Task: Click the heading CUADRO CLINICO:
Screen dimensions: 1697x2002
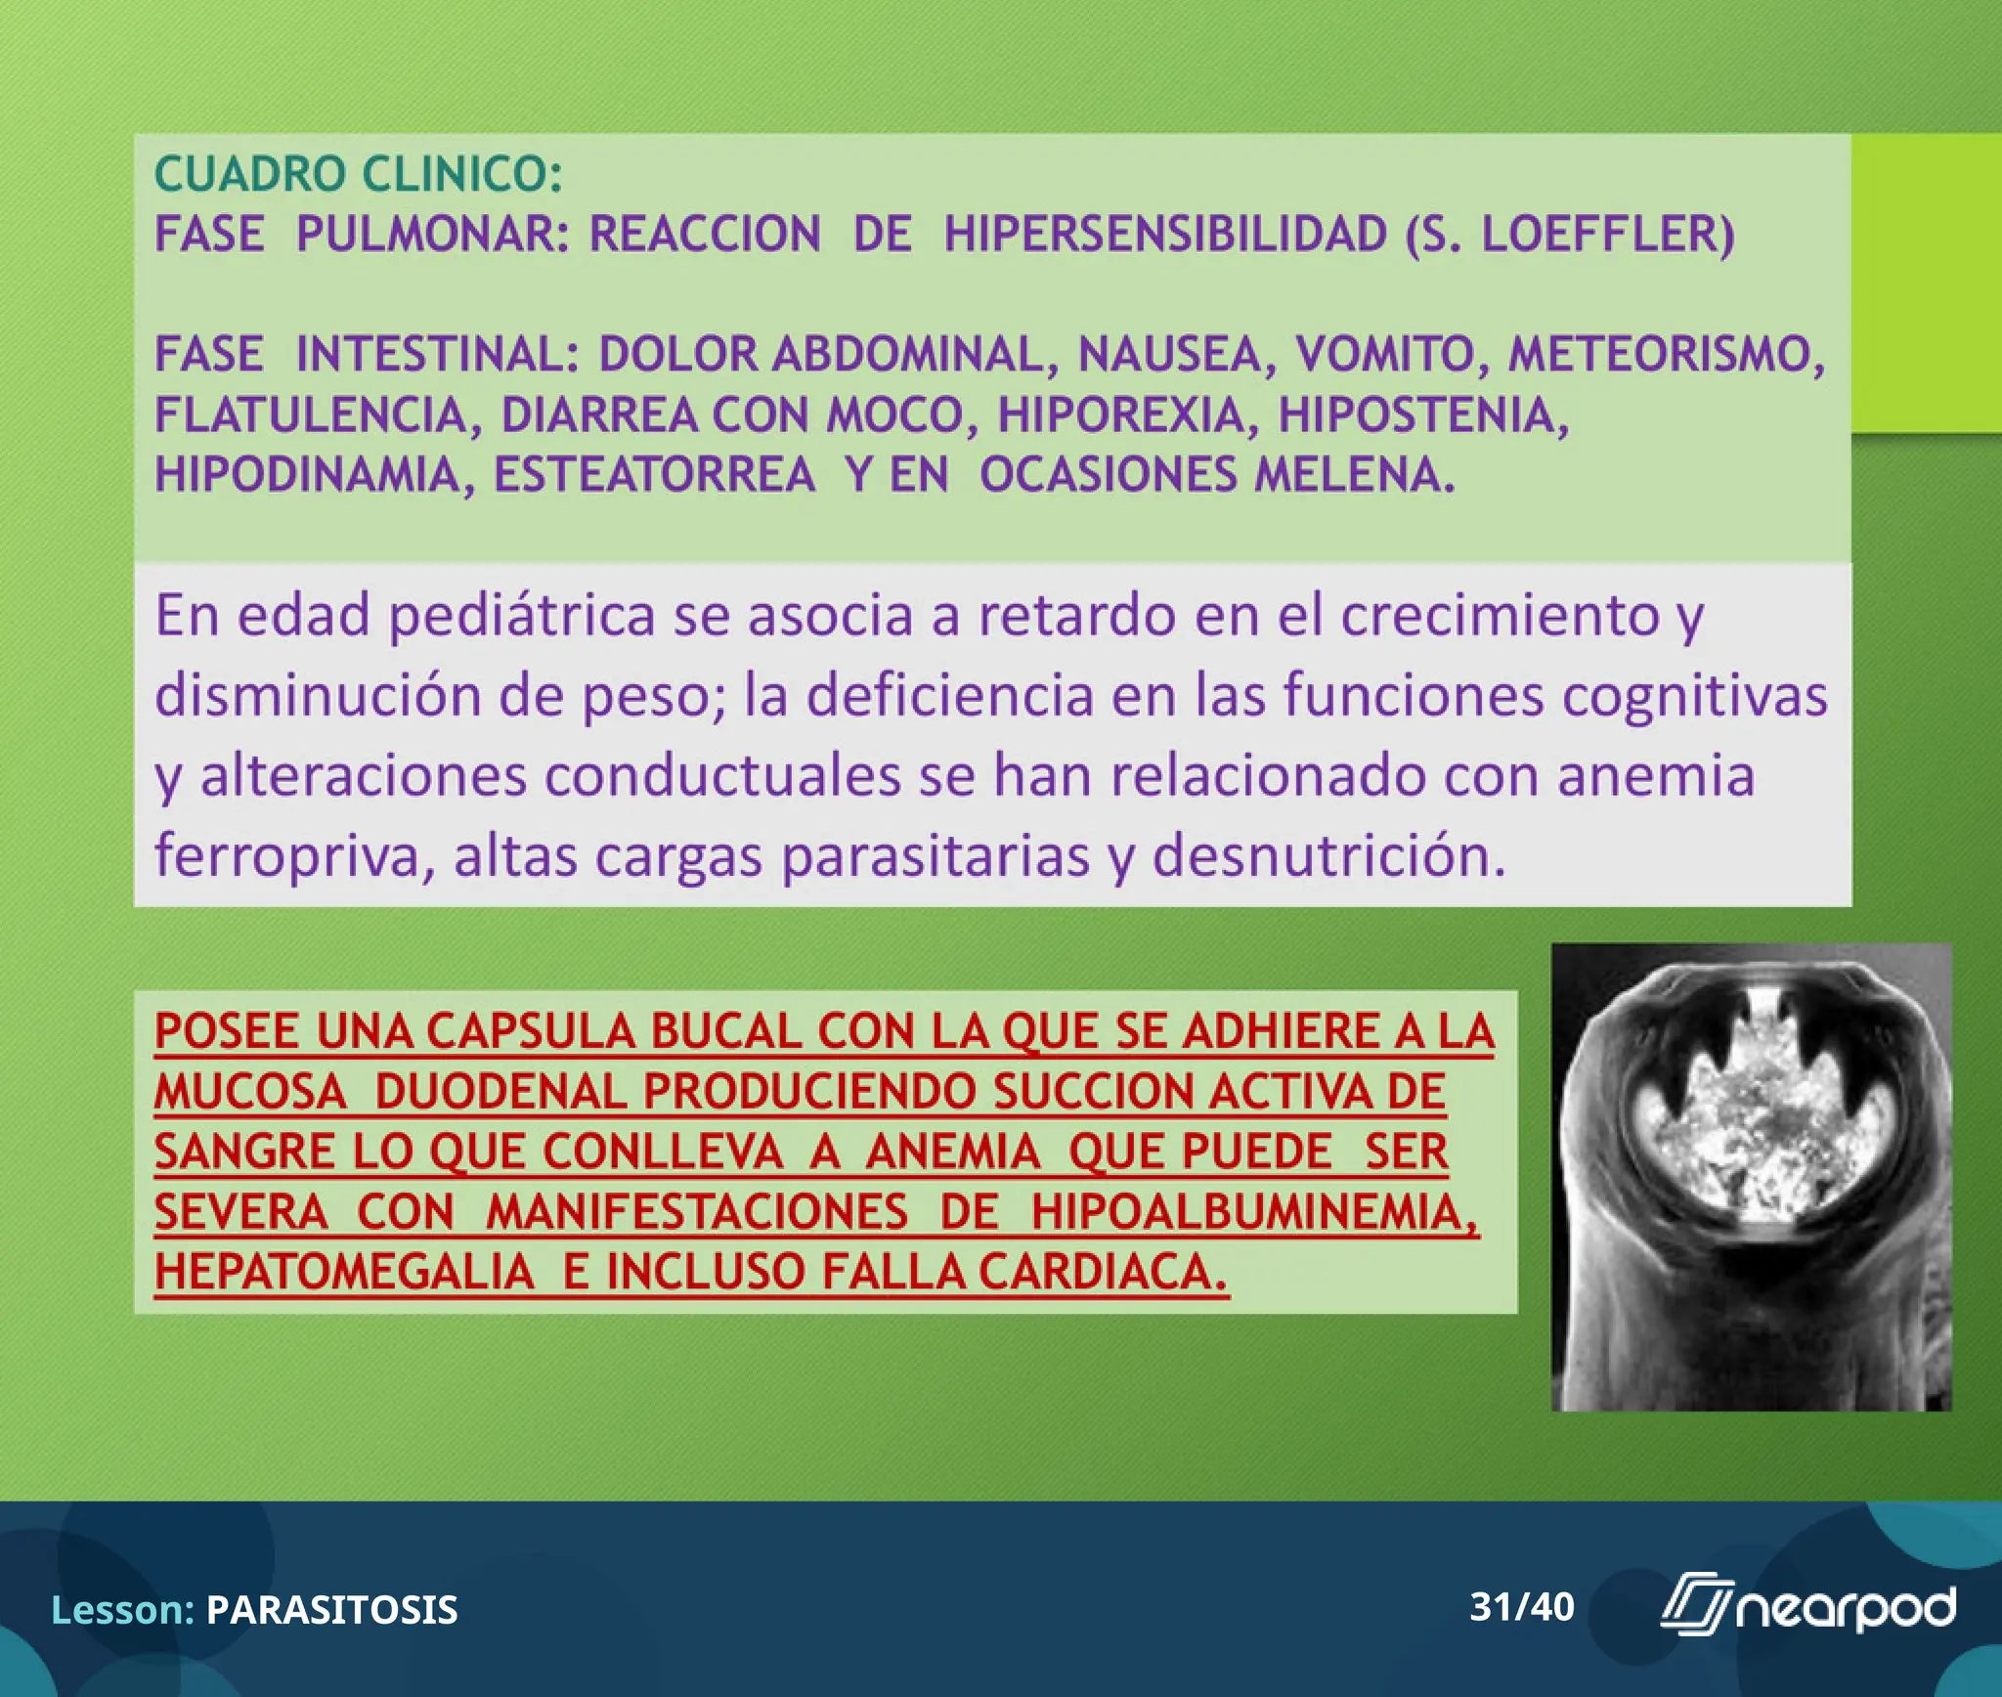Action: (x=358, y=175)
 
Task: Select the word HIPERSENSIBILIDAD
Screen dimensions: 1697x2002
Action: (x=1164, y=235)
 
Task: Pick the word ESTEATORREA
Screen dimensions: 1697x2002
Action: (x=654, y=475)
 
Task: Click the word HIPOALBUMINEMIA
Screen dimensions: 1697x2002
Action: (x=1254, y=1212)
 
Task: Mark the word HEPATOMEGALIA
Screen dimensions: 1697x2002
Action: (x=344, y=1273)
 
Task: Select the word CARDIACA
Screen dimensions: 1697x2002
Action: (x=1102, y=1273)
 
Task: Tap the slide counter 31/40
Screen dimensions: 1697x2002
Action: (x=1522, y=1606)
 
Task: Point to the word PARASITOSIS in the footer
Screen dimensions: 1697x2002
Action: (x=331, y=1610)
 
